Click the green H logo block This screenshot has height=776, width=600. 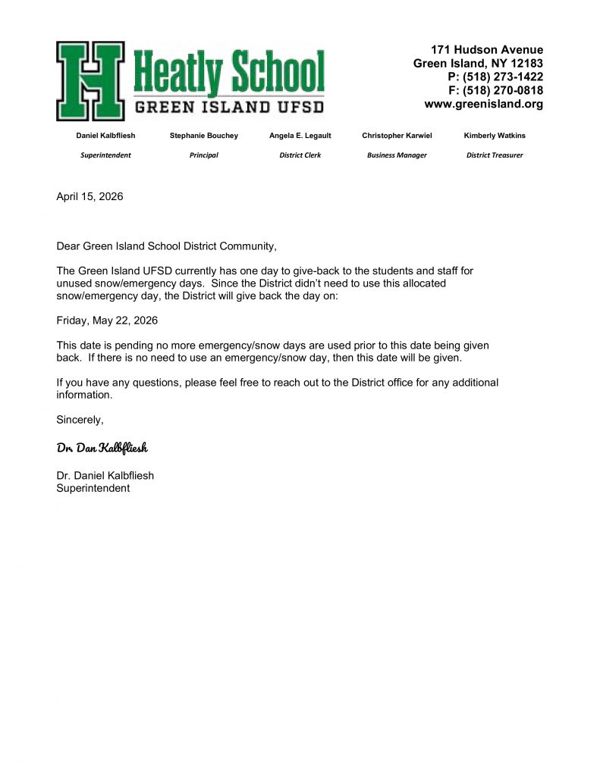[x=90, y=81]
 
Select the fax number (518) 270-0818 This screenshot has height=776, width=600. [x=503, y=91]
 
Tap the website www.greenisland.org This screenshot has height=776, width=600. [x=483, y=105]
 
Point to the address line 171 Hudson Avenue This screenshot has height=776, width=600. [x=487, y=50]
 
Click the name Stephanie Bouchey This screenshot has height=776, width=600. [x=203, y=136]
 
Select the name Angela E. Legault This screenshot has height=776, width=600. [x=300, y=136]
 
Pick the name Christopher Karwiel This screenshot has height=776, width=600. [x=397, y=136]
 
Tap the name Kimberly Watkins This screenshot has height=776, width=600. [x=495, y=136]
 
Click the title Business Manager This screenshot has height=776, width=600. [x=397, y=155]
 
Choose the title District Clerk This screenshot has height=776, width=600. [x=300, y=155]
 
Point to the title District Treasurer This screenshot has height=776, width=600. [x=495, y=155]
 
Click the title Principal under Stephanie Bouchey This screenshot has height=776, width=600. [x=203, y=155]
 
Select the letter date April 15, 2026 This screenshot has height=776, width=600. [x=90, y=197]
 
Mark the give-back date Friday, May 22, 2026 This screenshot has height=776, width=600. [x=107, y=321]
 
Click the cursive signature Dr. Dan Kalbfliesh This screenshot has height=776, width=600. [x=102, y=448]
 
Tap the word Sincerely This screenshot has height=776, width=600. [x=80, y=420]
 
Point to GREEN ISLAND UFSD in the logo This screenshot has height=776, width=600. [x=229, y=107]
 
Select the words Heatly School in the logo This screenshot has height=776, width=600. [x=229, y=73]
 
